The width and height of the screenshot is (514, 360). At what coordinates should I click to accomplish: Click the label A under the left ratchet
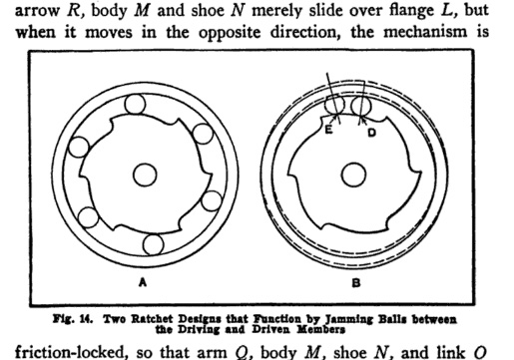pyautogui.click(x=143, y=282)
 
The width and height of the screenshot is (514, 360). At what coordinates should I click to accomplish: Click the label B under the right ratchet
pyautogui.click(x=356, y=283)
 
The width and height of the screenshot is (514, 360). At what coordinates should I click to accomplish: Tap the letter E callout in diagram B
pyautogui.click(x=328, y=130)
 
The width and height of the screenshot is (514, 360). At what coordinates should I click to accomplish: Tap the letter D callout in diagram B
pyautogui.click(x=372, y=133)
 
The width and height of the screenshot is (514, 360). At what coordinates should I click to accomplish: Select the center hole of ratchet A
pyautogui.click(x=145, y=175)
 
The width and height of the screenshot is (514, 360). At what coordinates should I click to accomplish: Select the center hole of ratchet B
pyautogui.click(x=353, y=175)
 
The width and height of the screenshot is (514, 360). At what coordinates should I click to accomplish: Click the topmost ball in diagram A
pyautogui.click(x=135, y=104)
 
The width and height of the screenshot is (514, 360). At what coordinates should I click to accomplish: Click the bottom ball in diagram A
pyautogui.click(x=153, y=244)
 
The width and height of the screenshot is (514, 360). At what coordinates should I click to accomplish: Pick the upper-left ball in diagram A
pyautogui.click(x=79, y=147)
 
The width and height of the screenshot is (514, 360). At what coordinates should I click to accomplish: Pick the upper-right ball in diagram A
pyautogui.click(x=203, y=134)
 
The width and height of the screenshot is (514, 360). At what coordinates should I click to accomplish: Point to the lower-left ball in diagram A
pyautogui.click(x=88, y=217)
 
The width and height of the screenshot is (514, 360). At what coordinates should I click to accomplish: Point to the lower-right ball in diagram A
pyautogui.click(x=212, y=200)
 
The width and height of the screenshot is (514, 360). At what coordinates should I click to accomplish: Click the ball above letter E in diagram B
pyautogui.click(x=334, y=105)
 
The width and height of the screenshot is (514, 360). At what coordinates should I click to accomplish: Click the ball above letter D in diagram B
pyautogui.click(x=360, y=106)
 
